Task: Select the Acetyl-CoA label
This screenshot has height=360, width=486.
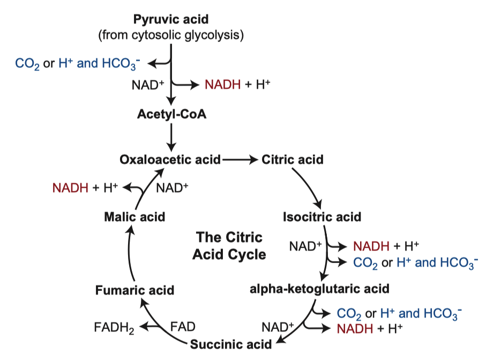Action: pyautogui.click(x=171, y=115)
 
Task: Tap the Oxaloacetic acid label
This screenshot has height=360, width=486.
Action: pyautogui.click(x=170, y=160)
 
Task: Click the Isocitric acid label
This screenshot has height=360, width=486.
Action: pyautogui.click(x=321, y=217)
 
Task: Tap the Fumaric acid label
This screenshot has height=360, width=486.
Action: pyautogui.click(x=134, y=290)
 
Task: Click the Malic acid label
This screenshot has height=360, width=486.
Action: pyautogui.click(x=134, y=217)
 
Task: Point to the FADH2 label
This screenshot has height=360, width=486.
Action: pyautogui.click(x=115, y=327)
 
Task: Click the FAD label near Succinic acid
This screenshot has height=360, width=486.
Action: pyautogui.click(x=183, y=326)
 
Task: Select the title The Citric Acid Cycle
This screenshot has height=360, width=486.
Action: pyautogui.click(x=229, y=245)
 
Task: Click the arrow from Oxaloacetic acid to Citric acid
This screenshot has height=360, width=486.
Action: pyautogui.click(x=241, y=160)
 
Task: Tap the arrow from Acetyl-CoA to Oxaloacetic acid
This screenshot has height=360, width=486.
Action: pyautogui.click(x=171, y=137)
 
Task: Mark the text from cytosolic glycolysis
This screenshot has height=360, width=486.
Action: pyautogui.click(x=171, y=36)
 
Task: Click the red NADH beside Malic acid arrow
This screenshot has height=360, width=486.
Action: pyautogui.click(x=70, y=187)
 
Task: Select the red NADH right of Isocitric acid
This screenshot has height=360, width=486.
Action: pyautogui.click(x=370, y=246)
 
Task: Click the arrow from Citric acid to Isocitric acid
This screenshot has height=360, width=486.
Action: pyautogui.click(x=310, y=188)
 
